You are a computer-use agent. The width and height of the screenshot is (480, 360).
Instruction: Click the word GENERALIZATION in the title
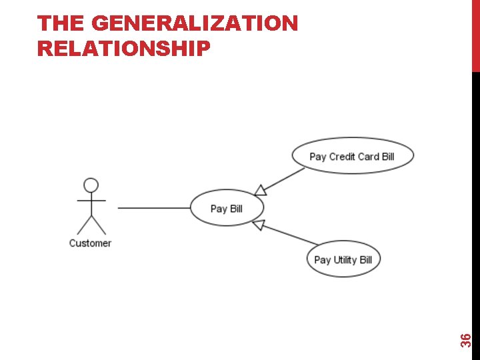(195, 24)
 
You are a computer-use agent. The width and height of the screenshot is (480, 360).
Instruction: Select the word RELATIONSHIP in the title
(124, 49)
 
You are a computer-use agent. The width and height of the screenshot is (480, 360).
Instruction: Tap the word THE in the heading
(61, 24)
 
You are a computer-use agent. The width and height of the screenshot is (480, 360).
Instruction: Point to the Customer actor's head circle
(91, 185)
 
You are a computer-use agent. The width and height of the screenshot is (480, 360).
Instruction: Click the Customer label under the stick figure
(90, 243)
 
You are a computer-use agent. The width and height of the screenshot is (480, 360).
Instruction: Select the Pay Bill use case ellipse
(227, 208)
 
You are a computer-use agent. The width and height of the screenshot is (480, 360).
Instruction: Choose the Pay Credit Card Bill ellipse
(352, 157)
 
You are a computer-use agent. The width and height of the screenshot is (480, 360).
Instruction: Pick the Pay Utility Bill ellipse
(343, 259)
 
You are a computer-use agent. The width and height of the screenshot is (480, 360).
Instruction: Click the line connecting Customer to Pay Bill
(153, 208)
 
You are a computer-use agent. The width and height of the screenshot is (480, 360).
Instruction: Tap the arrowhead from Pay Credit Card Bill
(261, 190)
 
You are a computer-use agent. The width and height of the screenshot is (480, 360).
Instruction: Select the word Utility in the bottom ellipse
(345, 259)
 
